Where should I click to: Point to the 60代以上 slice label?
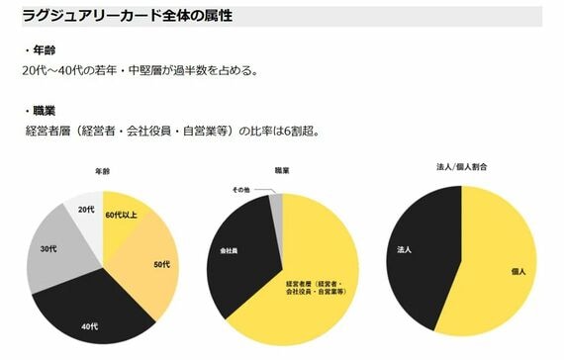click(122, 215)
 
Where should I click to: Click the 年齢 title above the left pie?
click(102, 171)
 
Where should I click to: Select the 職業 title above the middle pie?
click(282, 170)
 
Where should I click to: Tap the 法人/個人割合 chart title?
click(461, 167)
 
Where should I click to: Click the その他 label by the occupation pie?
click(241, 190)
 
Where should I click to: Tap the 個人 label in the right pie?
click(518, 272)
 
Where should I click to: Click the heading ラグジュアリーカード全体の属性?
click(128, 16)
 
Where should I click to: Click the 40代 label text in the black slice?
click(90, 326)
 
